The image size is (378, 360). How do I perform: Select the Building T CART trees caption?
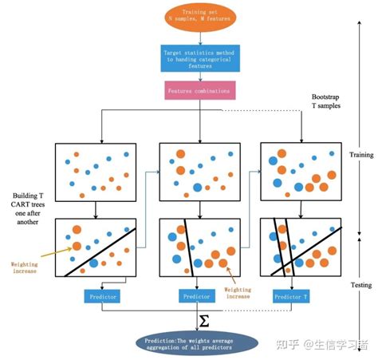pyautogui.click(x=29, y=207)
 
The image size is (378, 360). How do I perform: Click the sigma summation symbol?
pyautogui.click(x=203, y=319)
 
